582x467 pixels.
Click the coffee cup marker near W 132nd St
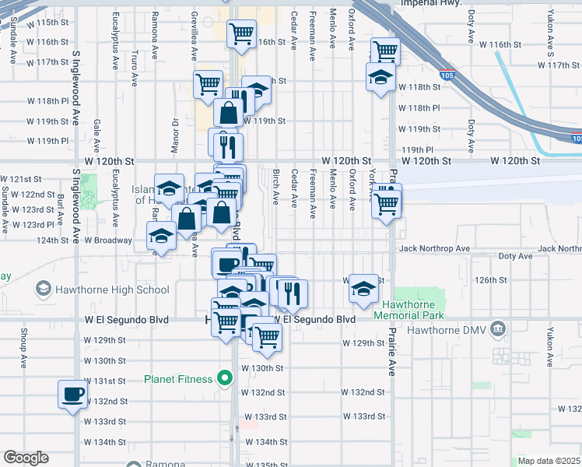[73, 393]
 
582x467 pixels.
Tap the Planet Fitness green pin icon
[226, 379]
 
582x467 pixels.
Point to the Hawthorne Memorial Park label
[408, 310]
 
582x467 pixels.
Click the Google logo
[26, 458]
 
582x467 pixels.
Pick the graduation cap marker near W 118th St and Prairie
[381, 77]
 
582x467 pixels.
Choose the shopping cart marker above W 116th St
[241, 33]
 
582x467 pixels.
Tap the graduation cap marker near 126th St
[363, 288]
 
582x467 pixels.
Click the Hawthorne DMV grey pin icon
[500, 330]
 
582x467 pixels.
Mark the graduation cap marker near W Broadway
[161, 237]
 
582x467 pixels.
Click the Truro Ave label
[135, 68]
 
